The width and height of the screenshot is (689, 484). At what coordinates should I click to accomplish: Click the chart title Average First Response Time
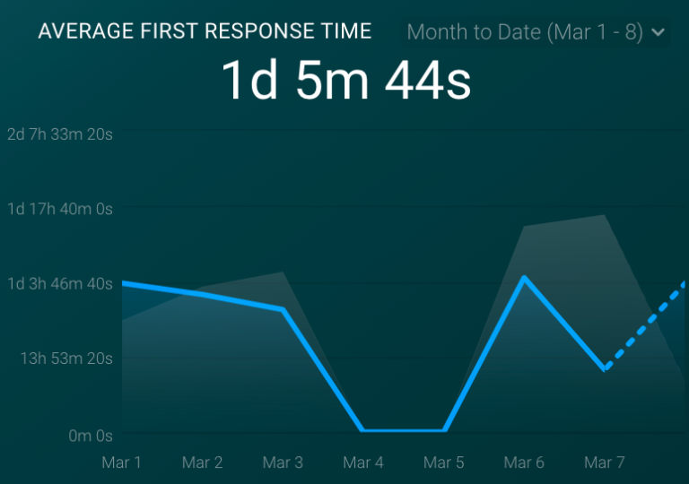coord(205,31)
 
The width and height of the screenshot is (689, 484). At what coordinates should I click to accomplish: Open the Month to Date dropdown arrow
coord(658,33)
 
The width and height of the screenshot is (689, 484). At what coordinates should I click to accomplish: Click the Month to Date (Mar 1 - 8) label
coord(525,33)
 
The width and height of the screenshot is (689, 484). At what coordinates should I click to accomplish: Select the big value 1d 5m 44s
coord(345,81)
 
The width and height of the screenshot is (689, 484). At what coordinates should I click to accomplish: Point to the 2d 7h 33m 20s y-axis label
coord(60,134)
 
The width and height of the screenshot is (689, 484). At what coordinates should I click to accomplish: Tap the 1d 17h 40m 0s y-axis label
coord(60,209)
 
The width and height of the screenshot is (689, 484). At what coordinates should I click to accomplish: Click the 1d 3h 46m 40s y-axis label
coord(60,284)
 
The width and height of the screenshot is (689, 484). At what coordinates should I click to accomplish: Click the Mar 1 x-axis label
coord(122,462)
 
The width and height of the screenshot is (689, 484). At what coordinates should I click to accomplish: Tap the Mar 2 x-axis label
coord(202,462)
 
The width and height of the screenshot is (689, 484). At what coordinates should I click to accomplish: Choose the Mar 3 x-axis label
coord(283,462)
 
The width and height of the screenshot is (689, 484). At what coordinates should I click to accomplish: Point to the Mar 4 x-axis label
coord(363,462)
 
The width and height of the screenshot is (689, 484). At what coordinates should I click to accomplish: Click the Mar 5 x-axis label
coord(444,462)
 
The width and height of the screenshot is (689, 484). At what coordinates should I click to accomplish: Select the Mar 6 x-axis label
coord(524,462)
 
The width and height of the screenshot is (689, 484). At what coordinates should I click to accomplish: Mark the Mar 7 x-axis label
coord(605,462)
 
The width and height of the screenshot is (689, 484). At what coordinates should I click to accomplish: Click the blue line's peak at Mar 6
coord(524,278)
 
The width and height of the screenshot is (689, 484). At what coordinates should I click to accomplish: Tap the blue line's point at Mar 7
coord(606,368)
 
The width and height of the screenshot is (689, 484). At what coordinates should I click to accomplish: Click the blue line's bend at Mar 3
coord(283,309)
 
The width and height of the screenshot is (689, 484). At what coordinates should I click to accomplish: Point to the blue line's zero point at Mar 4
coord(363,430)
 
